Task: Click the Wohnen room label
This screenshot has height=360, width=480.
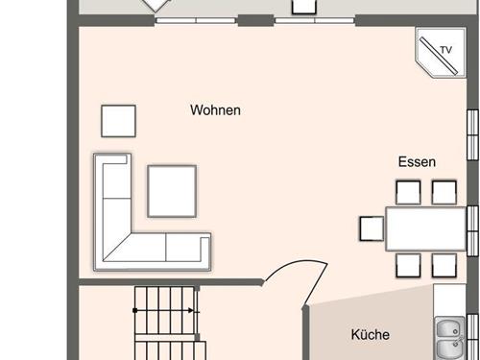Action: pyautogui.click(x=215, y=110)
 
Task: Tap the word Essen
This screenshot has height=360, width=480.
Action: pyautogui.click(x=418, y=162)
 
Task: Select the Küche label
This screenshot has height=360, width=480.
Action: pyautogui.click(x=370, y=335)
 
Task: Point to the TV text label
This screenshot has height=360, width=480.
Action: pyautogui.click(x=444, y=50)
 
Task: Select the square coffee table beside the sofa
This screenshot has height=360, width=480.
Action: pyautogui.click(x=172, y=190)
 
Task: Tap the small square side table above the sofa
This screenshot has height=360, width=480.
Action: pyautogui.click(x=118, y=121)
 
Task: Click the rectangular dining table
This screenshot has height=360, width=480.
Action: pyautogui.click(x=425, y=228)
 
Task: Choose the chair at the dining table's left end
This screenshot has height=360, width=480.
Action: pyautogui.click(x=372, y=228)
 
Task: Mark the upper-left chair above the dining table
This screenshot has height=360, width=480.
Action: pyautogui.click(x=408, y=191)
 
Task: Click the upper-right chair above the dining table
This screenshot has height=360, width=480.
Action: pyautogui.click(x=444, y=191)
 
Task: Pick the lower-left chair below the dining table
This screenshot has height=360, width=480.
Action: pyautogui.click(x=408, y=264)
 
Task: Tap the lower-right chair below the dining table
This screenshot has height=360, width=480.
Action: pyautogui.click(x=444, y=264)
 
